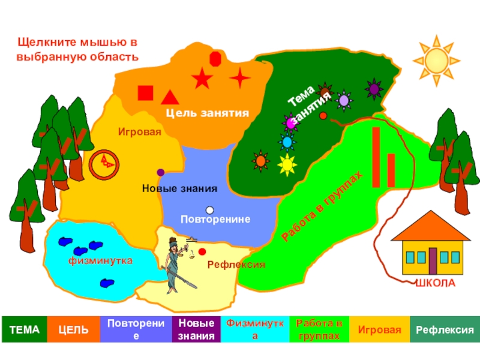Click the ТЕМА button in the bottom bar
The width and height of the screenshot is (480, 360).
point(24,329)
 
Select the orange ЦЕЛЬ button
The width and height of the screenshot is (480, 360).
point(73,329)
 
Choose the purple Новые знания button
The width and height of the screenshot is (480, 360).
point(196,329)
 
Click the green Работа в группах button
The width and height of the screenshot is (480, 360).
point(319,329)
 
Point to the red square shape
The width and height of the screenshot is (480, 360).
point(145,94)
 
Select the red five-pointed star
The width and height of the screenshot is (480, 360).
point(202,78)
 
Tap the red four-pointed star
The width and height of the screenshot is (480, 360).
point(240,78)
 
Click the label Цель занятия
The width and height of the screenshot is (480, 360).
point(207,113)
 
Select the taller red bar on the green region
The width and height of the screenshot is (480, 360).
point(377,157)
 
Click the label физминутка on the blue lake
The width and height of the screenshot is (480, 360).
point(100,262)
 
